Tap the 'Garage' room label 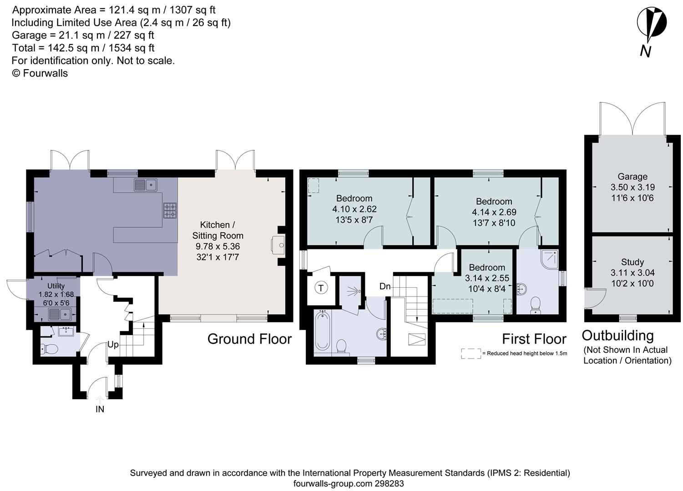pos(632,177)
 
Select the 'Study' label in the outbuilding pos(632,262)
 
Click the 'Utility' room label pos(56,286)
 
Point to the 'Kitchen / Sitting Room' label pos(218,230)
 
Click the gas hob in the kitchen pos(170,211)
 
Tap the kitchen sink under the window pos(146,185)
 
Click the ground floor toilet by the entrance pos(49,348)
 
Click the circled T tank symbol pos(321,288)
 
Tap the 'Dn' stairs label pos(385,286)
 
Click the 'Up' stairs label pos(113,345)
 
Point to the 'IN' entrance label pos(100,409)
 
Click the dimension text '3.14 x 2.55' pos(487,278)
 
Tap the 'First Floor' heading pos(534,339)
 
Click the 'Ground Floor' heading pos(249,339)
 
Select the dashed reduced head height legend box pos(471,354)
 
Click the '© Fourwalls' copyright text pos(40,73)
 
